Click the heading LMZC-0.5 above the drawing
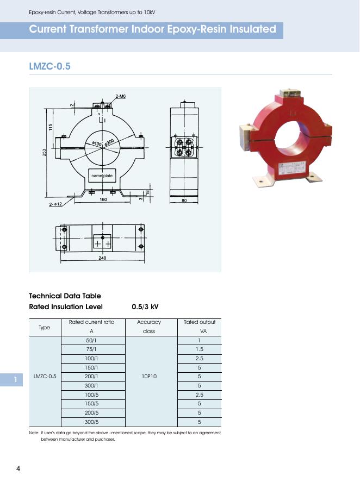(x=49, y=66)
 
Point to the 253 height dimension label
(x=45, y=153)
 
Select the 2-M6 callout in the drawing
(x=120, y=96)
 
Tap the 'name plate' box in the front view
(x=102, y=176)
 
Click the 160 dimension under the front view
(x=103, y=199)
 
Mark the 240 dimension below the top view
(x=102, y=259)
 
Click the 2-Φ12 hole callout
(x=55, y=204)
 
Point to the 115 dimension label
(x=50, y=127)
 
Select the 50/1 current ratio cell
(x=91, y=340)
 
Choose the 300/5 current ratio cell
(x=91, y=422)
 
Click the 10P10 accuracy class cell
(x=148, y=376)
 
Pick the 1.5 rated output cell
(x=200, y=349)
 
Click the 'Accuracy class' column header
(x=148, y=327)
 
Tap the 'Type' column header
(x=45, y=328)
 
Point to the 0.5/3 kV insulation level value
(x=145, y=306)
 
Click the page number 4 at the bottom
(x=18, y=469)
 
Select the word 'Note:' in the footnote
(x=34, y=433)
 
